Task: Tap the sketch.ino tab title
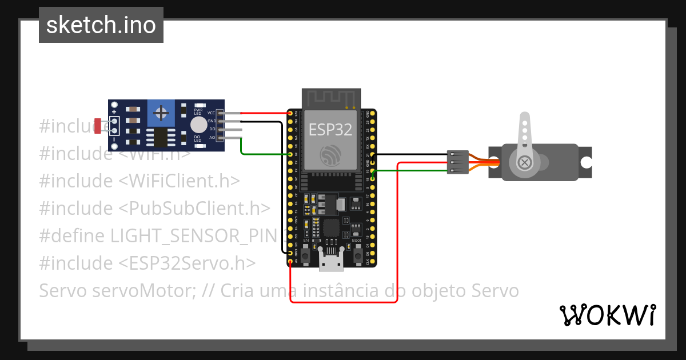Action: (101, 25)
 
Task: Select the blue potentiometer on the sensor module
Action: (162, 113)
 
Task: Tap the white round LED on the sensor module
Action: (198, 125)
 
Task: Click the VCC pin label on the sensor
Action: (212, 113)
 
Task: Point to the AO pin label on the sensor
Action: (212, 137)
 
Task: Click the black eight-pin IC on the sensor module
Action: (161, 138)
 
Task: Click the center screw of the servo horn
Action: (524, 163)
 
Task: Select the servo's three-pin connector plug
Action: (457, 162)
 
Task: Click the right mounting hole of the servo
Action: (586, 162)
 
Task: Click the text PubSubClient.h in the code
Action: (194, 209)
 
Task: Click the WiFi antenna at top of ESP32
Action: (331, 98)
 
